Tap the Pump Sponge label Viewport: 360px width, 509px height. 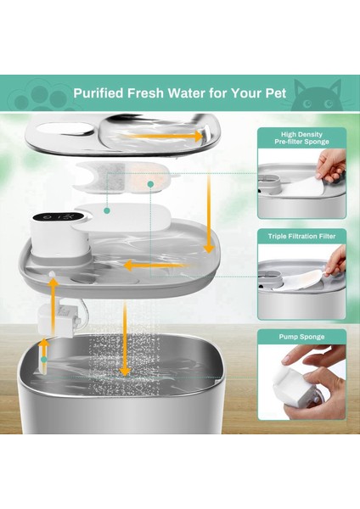point(301,337)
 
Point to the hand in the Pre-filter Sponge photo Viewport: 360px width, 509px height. point(334,165)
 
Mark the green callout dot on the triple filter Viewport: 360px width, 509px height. point(150,182)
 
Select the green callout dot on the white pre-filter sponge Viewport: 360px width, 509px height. point(107,208)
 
